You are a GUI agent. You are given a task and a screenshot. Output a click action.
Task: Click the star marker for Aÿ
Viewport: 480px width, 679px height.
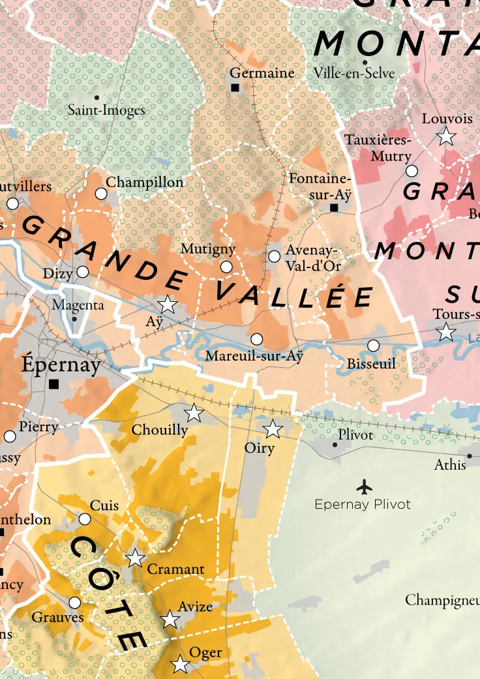(168, 304)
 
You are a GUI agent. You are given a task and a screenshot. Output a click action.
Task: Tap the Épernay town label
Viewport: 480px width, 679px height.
(61, 364)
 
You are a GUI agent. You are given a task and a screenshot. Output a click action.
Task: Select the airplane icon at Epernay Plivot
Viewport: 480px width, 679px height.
(364, 487)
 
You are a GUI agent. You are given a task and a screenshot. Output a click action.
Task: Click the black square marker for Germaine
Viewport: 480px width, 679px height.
(235, 87)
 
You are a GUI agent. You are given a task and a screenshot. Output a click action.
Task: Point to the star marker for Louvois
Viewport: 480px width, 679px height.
(446, 136)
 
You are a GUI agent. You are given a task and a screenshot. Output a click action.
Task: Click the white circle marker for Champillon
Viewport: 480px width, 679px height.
(101, 194)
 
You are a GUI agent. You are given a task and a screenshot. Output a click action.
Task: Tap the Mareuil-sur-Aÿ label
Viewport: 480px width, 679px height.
(254, 357)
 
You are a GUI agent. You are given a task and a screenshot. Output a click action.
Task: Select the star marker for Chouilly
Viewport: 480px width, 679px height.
(193, 412)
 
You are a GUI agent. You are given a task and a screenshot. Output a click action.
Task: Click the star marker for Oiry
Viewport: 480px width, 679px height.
(273, 429)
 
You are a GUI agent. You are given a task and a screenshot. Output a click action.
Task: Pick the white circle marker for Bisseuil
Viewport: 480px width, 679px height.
(373, 346)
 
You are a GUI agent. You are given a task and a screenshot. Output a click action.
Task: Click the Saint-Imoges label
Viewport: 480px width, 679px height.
(106, 110)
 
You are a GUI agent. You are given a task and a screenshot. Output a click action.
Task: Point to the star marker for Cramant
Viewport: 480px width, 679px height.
(135, 558)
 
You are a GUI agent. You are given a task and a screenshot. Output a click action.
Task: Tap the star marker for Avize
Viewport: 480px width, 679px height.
(170, 619)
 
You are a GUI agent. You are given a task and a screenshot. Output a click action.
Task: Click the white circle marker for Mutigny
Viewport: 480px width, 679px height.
(226, 267)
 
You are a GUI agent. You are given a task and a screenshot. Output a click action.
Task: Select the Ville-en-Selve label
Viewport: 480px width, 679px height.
(354, 74)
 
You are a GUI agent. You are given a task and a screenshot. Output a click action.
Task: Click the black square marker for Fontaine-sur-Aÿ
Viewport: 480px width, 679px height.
(334, 207)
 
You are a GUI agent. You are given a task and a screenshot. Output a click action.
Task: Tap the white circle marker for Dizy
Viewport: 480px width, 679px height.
(83, 272)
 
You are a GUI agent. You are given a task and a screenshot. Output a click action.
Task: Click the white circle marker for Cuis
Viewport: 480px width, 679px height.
(85, 519)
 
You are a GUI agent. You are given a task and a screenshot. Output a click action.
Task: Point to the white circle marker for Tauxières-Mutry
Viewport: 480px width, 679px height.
(412, 171)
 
